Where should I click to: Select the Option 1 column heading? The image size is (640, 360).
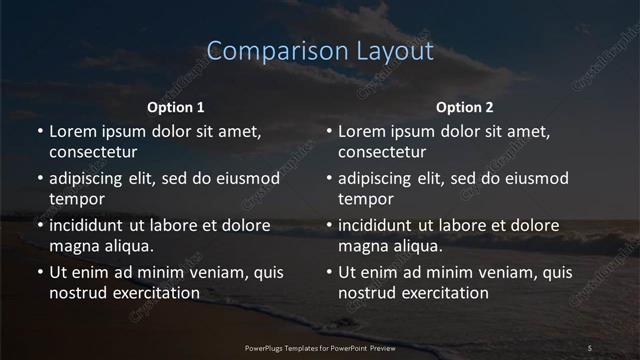point(176,107)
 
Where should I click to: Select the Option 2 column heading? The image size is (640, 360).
point(465,107)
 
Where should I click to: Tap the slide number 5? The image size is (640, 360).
point(589,347)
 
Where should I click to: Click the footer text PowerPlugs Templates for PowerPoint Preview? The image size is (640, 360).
point(320,347)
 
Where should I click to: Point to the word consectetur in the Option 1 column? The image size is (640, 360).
point(93,153)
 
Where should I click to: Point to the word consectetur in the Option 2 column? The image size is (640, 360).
point(383,153)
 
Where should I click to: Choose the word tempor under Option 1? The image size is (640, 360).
point(74,199)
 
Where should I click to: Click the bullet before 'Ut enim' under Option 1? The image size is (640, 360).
point(39,272)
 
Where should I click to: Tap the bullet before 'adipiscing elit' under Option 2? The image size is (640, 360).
point(329,179)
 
